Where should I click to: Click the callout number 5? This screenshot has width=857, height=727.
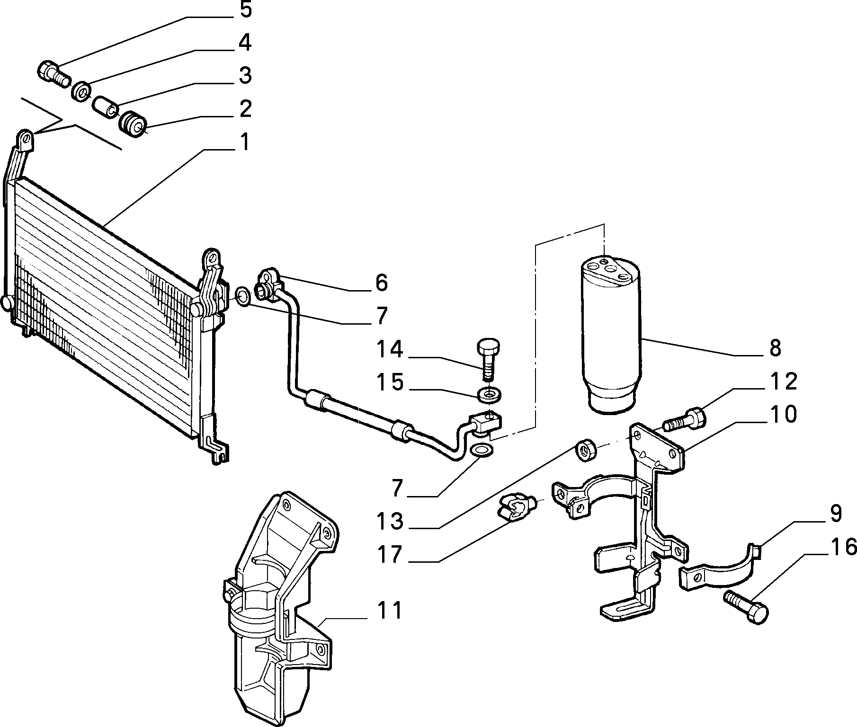[245, 10]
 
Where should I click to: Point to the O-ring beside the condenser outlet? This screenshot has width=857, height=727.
[242, 296]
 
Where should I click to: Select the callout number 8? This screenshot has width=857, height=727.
[775, 348]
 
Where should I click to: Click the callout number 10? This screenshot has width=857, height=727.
[783, 414]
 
